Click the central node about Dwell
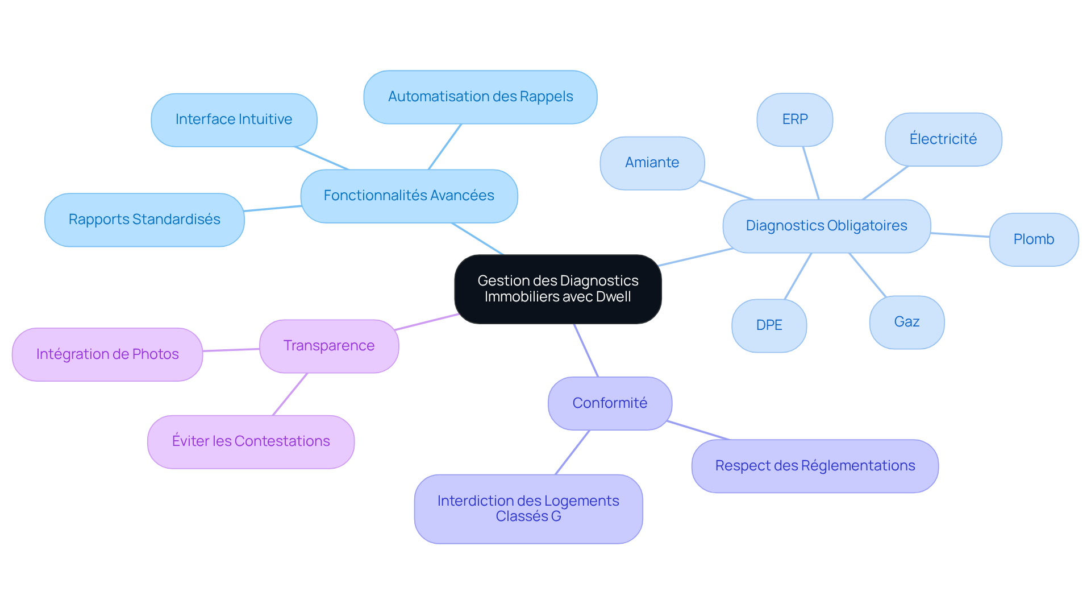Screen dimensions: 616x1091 pos(557,289)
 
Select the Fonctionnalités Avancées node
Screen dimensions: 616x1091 pos(409,196)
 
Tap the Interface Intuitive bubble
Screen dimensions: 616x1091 pos(234,119)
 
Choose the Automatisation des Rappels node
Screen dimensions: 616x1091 pos(480,97)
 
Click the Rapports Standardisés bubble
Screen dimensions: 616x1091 pos(144,220)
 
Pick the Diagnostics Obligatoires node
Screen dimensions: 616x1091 pos(826,226)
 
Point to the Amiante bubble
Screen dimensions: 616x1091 pos(652,163)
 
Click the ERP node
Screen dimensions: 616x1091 pos(794,119)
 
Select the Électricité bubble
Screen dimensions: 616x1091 pos(943,139)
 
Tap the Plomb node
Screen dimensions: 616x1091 pos(1033,239)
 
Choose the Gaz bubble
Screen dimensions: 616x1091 pos(906,322)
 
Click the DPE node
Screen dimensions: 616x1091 pos(769,325)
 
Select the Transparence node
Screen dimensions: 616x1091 pos(328,346)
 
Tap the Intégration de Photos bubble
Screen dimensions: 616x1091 pos(107,354)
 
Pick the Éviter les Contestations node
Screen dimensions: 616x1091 pos(251,441)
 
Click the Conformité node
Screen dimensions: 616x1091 pos(610,403)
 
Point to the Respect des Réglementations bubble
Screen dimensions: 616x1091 pos(814,466)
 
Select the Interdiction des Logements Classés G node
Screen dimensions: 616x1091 pos(528,508)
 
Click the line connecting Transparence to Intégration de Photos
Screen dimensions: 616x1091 pos(231,350)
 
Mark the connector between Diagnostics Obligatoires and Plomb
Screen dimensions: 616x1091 pos(960,234)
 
